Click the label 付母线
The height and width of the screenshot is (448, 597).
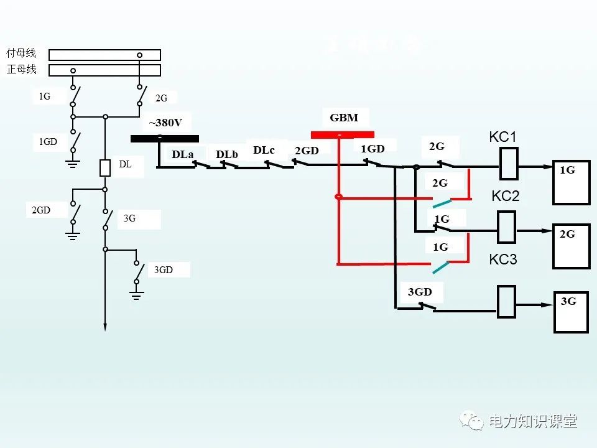click(x=21, y=54)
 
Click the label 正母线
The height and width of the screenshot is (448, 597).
click(x=21, y=69)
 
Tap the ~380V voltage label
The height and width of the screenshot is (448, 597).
click(x=165, y=123)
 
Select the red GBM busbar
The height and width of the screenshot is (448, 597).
click(x=342, y=134)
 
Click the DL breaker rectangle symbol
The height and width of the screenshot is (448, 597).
click(x=105, y=168)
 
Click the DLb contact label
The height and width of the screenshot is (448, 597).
click(x=227, y=154)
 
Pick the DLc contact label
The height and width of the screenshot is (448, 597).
click(x=264, y=150)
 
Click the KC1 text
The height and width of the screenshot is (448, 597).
click(x=503, y=137)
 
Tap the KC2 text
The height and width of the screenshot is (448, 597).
click(x=505, y=196)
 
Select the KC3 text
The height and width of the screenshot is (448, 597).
click(x=502, y=259)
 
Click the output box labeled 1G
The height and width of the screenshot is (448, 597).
click(x=571, y=183)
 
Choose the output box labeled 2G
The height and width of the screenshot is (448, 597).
click(x=571, y=247)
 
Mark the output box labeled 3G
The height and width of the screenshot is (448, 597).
click(x=571, y=313)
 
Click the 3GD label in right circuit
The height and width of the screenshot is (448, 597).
click(x=420, y=292)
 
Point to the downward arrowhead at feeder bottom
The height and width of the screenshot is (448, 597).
click(x=105, y=326)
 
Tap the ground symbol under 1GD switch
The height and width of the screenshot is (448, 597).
click(x=73, y=164)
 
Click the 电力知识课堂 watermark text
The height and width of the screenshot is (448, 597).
click(x=532, y=421)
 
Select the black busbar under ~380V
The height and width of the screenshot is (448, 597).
click(x=165, y=139)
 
